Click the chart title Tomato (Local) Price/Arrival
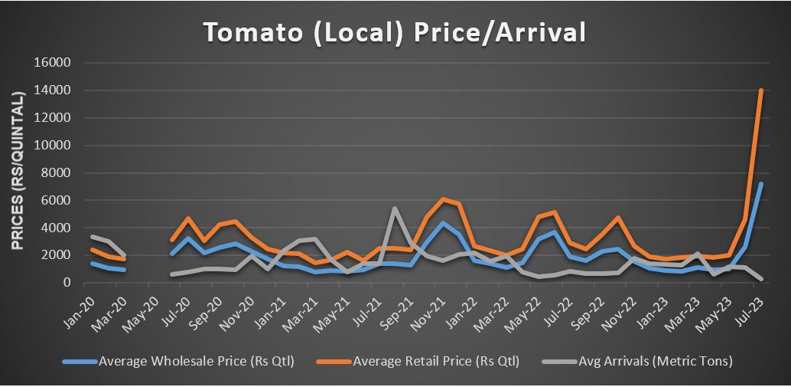pyautogui.click(x=394, y=31)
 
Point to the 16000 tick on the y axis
pyautogui.click(x=54, y=63)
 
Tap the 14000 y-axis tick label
pyautogui.click(x=54, y=90)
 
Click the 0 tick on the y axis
pyautogui.click(x=67, y=283)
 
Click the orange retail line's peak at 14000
pyautogui.click(x=761, y=90)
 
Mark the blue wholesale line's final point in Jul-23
pyautogui.click(x=761, y=184)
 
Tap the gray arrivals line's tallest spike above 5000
pyautogui.click(x=395, y=208)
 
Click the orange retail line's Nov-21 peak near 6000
pyautogui.click(x=443, y=199)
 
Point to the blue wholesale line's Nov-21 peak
pyautogui.click(x=443, y=223)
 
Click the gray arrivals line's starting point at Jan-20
pyautogui.click(x=92, y=237)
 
